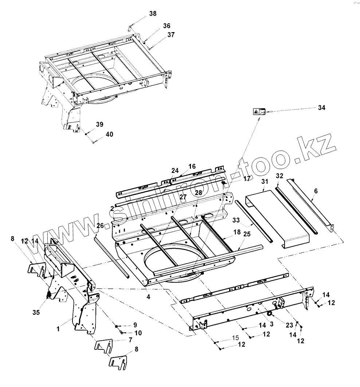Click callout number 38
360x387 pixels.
point(153,14)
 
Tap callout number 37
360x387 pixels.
point(171,35)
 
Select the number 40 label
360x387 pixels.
point(109,135)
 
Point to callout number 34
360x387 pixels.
point(321,108)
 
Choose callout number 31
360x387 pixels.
point(265,181)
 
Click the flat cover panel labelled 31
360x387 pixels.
point(277,219)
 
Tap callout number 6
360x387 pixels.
point(316,191)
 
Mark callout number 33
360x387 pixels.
point(236,220)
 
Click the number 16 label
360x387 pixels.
point(192,166)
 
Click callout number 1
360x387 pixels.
point(58,329)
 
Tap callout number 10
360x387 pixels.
point(138,333)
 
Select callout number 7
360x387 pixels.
point(130,340)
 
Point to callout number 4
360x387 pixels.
point(148,297)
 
